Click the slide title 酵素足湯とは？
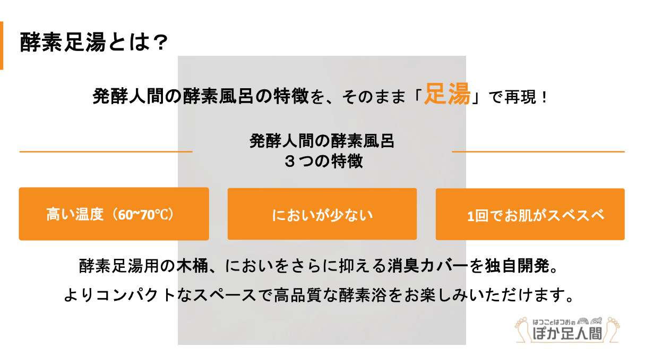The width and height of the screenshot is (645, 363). [94, 42]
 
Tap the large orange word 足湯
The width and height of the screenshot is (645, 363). [447, 94]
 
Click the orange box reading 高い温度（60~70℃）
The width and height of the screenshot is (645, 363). [114, 214]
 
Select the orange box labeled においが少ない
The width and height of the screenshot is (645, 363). [322, 214]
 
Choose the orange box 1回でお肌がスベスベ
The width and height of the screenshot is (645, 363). [530, 214]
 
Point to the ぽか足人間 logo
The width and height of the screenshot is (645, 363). [567, 330]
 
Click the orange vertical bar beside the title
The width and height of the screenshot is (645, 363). [2, 45]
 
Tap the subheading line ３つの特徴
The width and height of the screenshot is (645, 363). [323, 161]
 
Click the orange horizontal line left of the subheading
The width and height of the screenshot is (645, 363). [106, 151]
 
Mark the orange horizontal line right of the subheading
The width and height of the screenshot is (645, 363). [538, 151]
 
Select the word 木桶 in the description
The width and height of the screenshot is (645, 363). [192, 266]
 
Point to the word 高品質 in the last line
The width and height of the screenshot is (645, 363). [298, 296]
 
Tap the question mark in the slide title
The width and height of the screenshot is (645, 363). [161, 43]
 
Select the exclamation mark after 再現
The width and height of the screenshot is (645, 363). [544, 97]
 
